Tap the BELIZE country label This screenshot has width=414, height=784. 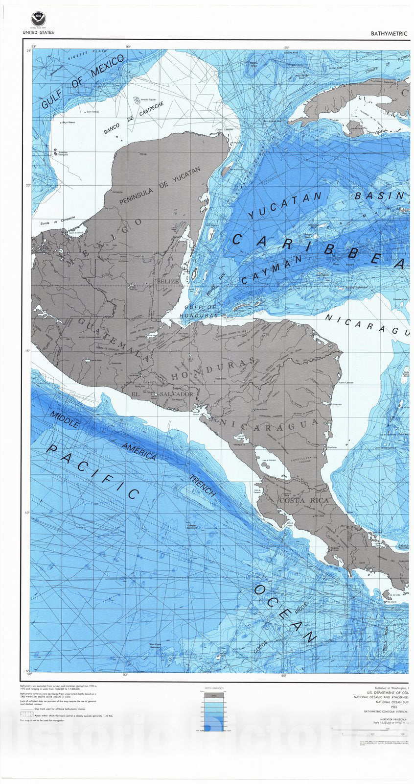tap(167, 282)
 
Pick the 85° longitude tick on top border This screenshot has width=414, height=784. tap(288, 48)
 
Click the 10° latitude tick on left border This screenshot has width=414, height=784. tap(27, 513)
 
